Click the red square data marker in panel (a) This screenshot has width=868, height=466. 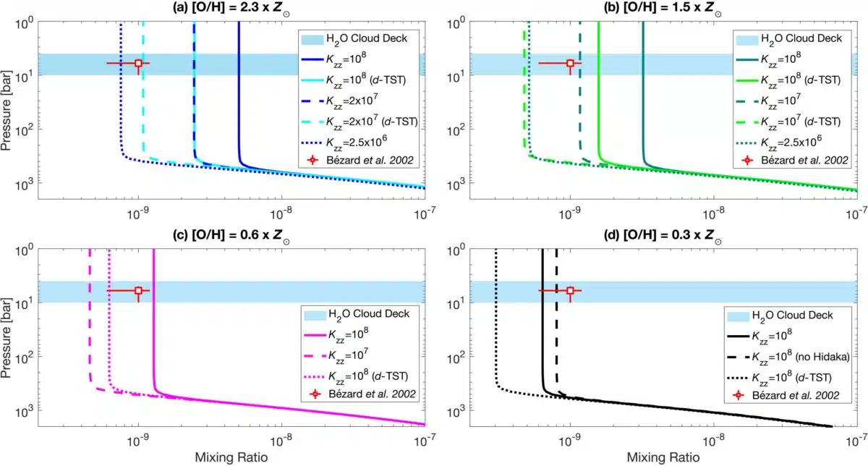click(138, 64)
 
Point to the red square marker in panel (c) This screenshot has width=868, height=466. click(138, 291)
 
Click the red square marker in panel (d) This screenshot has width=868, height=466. click(570, 291)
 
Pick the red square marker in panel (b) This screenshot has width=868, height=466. click(570, 64)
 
